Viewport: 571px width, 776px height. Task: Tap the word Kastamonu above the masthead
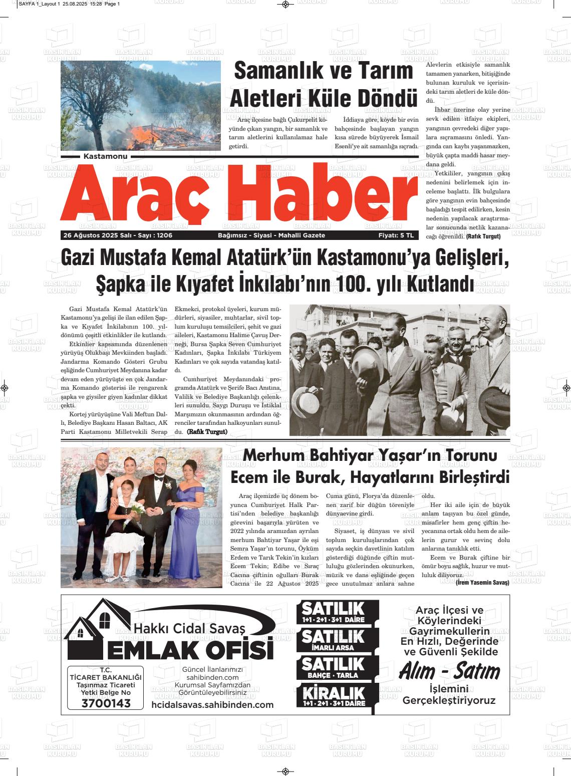(x=106, y=156)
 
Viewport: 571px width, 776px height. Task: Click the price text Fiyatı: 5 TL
(x=396, y=235)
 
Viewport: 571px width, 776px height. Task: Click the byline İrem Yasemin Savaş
(x=482, y=583)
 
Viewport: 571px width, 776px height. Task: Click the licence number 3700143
(x=106, y=703)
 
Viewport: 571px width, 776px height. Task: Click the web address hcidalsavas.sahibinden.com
(x=212, y=704)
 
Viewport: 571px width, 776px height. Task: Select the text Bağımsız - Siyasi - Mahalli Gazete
(x=271, y=235)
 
